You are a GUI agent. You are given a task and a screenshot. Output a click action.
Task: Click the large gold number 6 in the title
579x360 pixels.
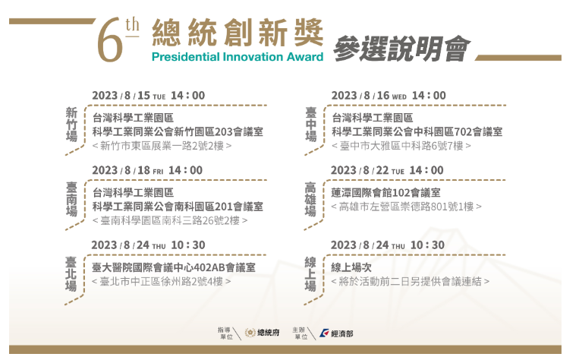click(110, 40)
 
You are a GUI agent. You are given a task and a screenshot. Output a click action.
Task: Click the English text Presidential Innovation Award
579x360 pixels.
click(238, 57)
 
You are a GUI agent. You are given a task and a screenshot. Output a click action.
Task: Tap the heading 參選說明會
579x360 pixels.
click(401, 49)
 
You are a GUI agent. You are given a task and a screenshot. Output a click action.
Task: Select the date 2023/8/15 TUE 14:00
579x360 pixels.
click(149, 96)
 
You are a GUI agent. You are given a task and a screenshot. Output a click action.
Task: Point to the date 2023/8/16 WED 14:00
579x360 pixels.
click(389, 96)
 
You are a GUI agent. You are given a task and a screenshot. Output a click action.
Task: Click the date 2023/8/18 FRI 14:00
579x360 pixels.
click(147, 170)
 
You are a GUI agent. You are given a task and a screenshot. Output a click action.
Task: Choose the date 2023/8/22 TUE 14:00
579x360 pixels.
click(387, 170)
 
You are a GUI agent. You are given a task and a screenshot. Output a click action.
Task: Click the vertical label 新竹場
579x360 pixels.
click(71, 125)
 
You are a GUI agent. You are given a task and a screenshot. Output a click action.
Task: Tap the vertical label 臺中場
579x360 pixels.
click(311, 125)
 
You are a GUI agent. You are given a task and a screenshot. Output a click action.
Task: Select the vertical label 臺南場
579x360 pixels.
click(71, 199)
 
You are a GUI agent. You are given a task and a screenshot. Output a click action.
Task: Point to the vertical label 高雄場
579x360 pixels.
click(310, 199)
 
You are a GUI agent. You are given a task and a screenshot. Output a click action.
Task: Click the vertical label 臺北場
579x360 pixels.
click(71, 274)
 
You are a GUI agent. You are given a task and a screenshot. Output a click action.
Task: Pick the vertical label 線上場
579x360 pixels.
click(310, 274)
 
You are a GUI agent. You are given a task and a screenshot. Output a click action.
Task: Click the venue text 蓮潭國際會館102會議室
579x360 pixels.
click(385, 193)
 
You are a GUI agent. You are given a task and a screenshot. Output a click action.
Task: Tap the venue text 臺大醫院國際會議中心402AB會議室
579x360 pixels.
click(174, 267)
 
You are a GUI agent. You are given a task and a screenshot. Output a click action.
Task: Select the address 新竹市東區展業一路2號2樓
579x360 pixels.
click(162, 146)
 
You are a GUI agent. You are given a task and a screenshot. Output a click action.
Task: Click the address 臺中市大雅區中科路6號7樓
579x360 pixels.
click(401, 146)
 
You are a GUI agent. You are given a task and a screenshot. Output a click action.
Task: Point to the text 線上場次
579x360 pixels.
click(351, 267)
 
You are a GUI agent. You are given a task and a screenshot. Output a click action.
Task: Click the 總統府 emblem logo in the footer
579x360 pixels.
click(250, 333)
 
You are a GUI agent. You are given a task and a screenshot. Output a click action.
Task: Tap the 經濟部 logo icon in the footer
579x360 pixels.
click(324, 333)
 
